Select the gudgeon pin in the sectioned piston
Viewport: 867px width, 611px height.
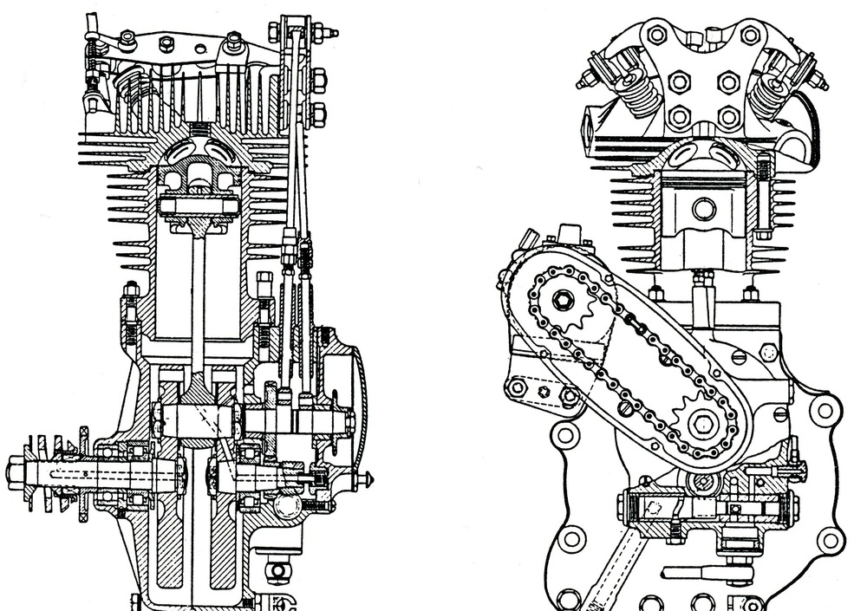[x=199, y=206]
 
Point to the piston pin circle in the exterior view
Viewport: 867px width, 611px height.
[x=703, y=209]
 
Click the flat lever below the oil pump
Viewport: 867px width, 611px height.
[x=702, y=573]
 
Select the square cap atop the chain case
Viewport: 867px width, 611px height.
[x=569, y=233]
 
